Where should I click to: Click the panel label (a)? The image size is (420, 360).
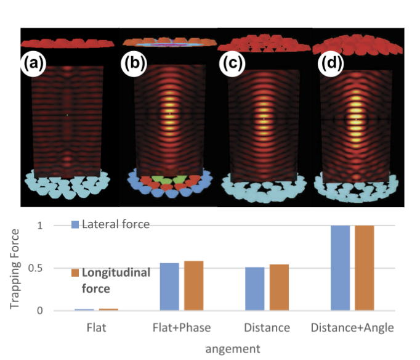[33, 64]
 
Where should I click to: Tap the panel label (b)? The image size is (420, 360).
[133, 64]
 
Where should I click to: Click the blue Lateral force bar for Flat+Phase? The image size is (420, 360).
[169, 287]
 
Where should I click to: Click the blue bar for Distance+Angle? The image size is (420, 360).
[340, 268]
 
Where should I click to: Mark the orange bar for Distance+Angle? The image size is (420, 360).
[364, 268]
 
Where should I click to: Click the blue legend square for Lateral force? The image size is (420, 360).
[76, 224]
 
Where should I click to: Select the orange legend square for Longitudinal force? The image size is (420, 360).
[76, 272]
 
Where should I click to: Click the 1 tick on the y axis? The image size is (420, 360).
[58, 226]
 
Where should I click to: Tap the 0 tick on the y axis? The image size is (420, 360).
[58, 311]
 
